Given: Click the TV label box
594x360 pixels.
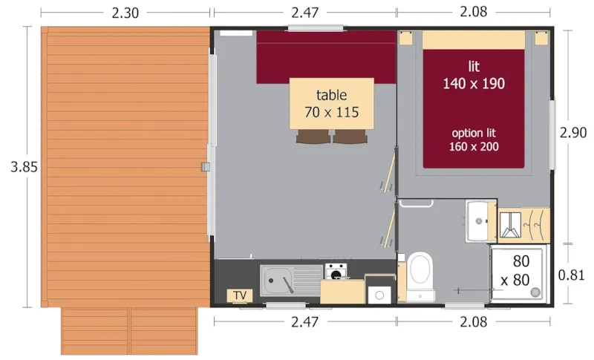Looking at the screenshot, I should click(x=239, y=295).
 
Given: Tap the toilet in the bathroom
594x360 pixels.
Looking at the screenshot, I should click(x=420, y=272).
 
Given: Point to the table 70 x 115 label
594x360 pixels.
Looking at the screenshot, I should click(x=331, y=105).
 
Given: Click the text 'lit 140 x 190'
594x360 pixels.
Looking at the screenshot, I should click(x=474, y=74).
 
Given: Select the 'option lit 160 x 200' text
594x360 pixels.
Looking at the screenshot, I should click(x=474, y=140).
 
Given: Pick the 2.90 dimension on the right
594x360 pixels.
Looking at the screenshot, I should click(x=573, y=133).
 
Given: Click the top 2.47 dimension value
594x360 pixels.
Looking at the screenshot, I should click(x=304, y=13).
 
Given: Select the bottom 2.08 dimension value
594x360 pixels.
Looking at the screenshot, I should click(x=474, y=322).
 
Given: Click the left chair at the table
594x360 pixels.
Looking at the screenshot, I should click(x=313, y=137).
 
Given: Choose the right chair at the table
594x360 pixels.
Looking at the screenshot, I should click(x=349, y=137).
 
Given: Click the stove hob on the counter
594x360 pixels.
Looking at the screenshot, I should click(x=334, y=270).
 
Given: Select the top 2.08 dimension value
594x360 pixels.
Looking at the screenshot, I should click(x=474, y=13).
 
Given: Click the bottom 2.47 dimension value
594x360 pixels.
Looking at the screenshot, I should click(x=304, y=322).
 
